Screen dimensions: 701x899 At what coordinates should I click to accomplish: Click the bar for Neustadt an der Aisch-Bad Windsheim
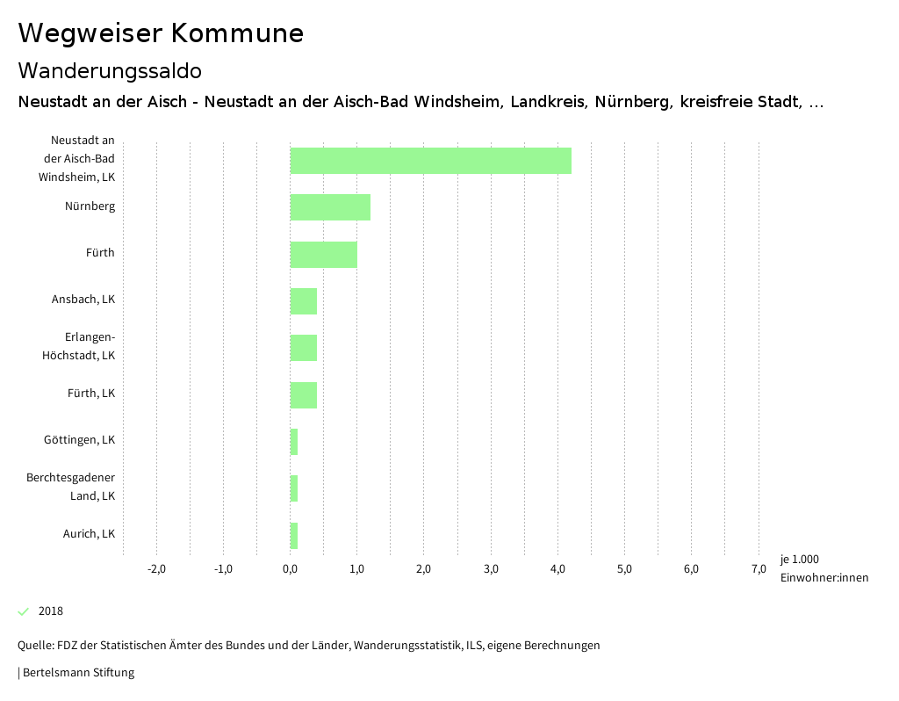point(430,161)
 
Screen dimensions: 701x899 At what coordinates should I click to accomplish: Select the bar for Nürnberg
point(330,207)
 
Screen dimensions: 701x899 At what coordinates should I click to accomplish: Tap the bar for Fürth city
point(323,254)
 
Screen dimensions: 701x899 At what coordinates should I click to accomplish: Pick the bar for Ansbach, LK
point(304,300)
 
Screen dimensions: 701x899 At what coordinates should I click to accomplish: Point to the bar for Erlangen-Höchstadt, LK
point(304,348)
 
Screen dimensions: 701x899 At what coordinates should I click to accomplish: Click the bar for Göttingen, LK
point(294,441)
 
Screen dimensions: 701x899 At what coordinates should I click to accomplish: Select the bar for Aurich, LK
point(294,535)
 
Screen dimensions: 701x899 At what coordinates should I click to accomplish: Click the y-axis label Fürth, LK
point(91,394)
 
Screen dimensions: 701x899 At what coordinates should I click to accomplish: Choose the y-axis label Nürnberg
point(90,207)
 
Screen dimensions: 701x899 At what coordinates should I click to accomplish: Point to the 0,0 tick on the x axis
point(290,569)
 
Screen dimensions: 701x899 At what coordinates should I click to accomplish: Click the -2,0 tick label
point(156,569)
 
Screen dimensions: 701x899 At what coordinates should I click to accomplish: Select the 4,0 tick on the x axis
point(557,569)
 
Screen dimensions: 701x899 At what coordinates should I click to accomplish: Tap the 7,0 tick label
point(759,569)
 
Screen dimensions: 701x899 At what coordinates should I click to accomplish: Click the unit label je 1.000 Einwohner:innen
point(823,568)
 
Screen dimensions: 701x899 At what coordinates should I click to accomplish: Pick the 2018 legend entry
point(50,611)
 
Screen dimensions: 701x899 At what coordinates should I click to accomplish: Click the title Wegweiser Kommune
point(161,33)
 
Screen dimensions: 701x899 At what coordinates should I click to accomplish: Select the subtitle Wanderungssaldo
point(110,70)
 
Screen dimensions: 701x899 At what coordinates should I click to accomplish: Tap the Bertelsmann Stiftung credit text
point(77,673)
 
